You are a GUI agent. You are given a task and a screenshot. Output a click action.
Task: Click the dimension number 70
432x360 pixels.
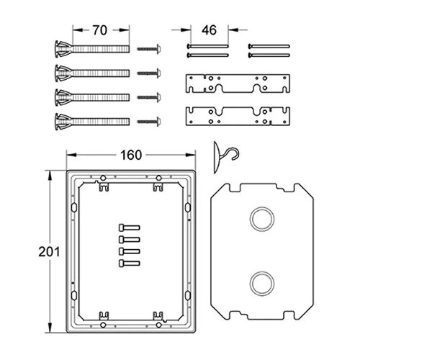pyautogui.click(x=99, y=30)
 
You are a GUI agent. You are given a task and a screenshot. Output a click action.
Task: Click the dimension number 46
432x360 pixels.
pyautogui.click(x=209, y=30)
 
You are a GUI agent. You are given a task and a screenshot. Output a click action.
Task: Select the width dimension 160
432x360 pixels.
pyautogui.click(x=131, y=155)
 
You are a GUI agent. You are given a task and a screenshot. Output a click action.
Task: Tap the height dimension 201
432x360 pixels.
pyautogui.click(x=49, y=252)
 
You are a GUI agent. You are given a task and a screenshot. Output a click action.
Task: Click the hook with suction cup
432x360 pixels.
pyautogui.click(x=225, y=157)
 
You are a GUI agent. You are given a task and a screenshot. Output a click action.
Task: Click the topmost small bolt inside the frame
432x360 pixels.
pyautogui.click(x=129, y=228)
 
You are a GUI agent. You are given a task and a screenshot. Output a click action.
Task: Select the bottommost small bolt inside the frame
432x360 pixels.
pyautogui.click(x=129, y=264)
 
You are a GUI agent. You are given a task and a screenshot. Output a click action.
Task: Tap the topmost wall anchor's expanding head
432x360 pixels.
pyautogui.click(x=63, y=49)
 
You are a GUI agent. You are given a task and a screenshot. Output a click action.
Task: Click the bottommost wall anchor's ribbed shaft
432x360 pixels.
pyautogui.click(x=101, y=122)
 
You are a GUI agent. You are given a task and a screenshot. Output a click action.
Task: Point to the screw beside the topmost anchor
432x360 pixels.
pyautogui.click(x=149, y=49)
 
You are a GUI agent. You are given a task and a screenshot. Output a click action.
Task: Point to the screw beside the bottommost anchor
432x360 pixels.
pyautogui.click(x=149, y=122)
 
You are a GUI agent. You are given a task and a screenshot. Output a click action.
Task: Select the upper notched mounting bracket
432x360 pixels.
pyautogui.click(x=238, y=84)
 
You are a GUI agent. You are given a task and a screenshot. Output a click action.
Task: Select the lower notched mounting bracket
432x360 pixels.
pyautogui.click(x=238, y=116)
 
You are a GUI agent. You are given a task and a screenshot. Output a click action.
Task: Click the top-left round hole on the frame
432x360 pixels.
pyautogui.click(x=103, y=178)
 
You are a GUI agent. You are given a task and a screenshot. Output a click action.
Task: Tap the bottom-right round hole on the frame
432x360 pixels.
pyautogui.click(x=158, y=325)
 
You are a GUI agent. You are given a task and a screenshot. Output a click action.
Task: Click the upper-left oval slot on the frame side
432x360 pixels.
pyautogui.click(x=74, y=207)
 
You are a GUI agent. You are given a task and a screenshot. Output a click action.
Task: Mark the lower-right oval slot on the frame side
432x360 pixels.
pyautogui.click(x=188, y=295)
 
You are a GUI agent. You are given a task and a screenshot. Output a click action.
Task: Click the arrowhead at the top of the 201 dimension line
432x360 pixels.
pyautogui.click(x=50, y=175)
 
